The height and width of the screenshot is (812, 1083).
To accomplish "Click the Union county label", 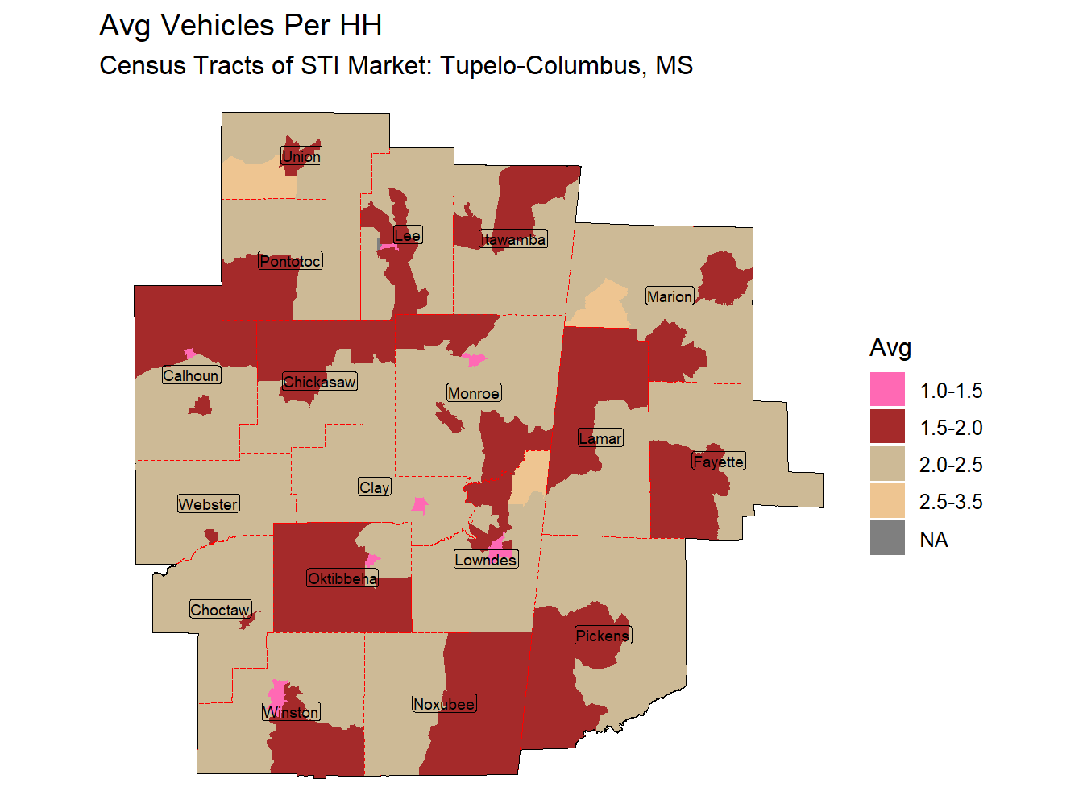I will click(301, 156).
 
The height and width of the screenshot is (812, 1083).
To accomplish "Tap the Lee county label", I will click(408, 235).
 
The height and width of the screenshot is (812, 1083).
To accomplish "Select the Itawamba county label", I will click(513, 239).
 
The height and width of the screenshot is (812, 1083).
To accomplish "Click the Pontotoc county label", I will click(290, 261).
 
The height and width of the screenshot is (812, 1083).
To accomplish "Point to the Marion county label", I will click(670, 296).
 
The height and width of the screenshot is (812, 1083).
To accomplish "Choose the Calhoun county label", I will click(191, 375).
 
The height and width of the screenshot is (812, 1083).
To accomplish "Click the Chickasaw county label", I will click(319, 382).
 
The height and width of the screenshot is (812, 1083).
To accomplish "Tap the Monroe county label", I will click(474, 393).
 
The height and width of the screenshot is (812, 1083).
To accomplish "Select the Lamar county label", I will click(600, 438).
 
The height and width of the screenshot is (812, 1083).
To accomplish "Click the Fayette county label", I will click(719, 462).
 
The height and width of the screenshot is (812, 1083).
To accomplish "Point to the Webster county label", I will click(208, 504).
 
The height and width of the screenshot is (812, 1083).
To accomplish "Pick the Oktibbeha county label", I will click(342, 578).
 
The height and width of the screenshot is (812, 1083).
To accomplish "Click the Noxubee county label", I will click(444, 704).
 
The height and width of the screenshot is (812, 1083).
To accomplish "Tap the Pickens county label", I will click(603, 636).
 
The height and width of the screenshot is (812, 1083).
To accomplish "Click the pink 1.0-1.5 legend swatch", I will click(887, 390).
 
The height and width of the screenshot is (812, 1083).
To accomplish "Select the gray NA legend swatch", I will click(887, 538).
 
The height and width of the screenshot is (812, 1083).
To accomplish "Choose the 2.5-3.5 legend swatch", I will click(887, 501).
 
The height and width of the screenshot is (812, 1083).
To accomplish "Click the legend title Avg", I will click(890, 347).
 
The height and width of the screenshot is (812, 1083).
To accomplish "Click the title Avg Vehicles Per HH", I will click(240, 26).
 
